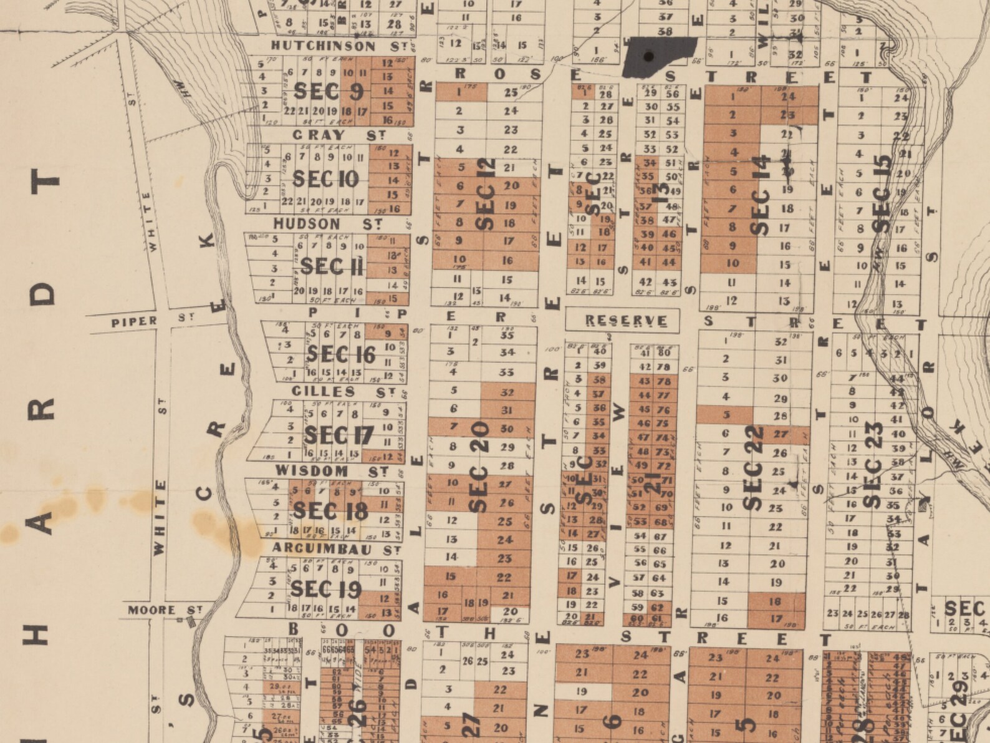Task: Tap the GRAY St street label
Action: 339,135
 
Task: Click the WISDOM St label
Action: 332,471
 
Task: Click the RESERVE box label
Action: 625,321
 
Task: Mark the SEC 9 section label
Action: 328,92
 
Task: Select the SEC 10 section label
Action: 325,180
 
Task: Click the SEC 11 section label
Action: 332,267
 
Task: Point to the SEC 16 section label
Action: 340,355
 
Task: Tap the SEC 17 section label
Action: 338,435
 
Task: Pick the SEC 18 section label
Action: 330,511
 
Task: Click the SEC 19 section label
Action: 325,589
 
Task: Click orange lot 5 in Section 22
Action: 725,415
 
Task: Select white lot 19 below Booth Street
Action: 582,691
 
